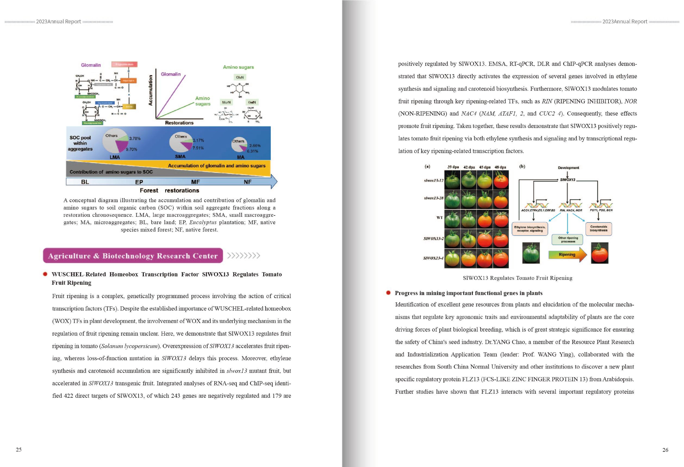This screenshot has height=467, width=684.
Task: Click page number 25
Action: pyautogui.click(x=19, y=449)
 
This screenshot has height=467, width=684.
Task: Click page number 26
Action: pyautogui.click(x=665, y=450)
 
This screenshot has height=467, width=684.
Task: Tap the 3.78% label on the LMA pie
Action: pyautogui.click(x=135, y=138)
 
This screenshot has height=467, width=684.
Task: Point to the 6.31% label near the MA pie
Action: pyautogui.click(x=252, y=151)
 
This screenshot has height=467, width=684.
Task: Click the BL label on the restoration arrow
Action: pyautogui.click(x=85, y=182)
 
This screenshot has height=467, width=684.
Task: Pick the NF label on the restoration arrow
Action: pyautogui.click(x=248, y=182)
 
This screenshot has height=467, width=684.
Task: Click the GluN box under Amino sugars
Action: pyautogui.click(x=240, y=77)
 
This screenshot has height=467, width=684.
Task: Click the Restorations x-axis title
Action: pyautogui.click(x=179, y=123)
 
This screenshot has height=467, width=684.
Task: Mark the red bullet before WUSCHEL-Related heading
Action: pyautogui.click(x=45, y=274)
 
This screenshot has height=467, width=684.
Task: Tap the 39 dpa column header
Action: pyautogui.click(x=453, y=167)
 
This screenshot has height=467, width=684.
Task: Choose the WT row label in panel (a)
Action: pyautogui.click(x=439, y=217)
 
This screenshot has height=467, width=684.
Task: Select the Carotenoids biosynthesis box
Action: pyautogui.click(x=599, y=229)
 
